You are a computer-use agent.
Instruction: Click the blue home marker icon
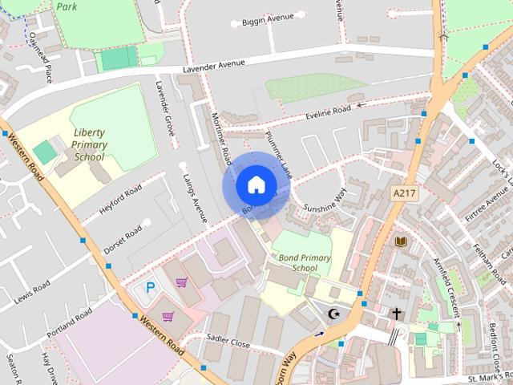(255, 185)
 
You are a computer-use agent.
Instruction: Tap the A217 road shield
(405, 193)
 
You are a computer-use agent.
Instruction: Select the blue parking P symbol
(150, 287)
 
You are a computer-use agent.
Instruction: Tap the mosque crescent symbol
(336, 312)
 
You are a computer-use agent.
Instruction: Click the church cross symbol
(396, 313)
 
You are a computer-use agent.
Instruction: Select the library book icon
(401, 241)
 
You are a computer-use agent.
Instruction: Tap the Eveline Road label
(329, 113)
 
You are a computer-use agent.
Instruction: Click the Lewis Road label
(32, 292)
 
